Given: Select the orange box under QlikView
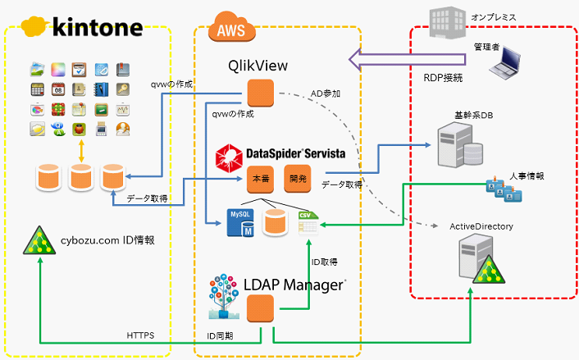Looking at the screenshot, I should click(260, 91).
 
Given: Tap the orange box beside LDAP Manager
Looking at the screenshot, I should click(261, 309).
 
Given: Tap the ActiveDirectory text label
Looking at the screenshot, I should click(481, 226).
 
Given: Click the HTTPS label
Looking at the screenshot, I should click(141, 335).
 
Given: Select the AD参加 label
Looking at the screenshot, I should click(326, 93).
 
